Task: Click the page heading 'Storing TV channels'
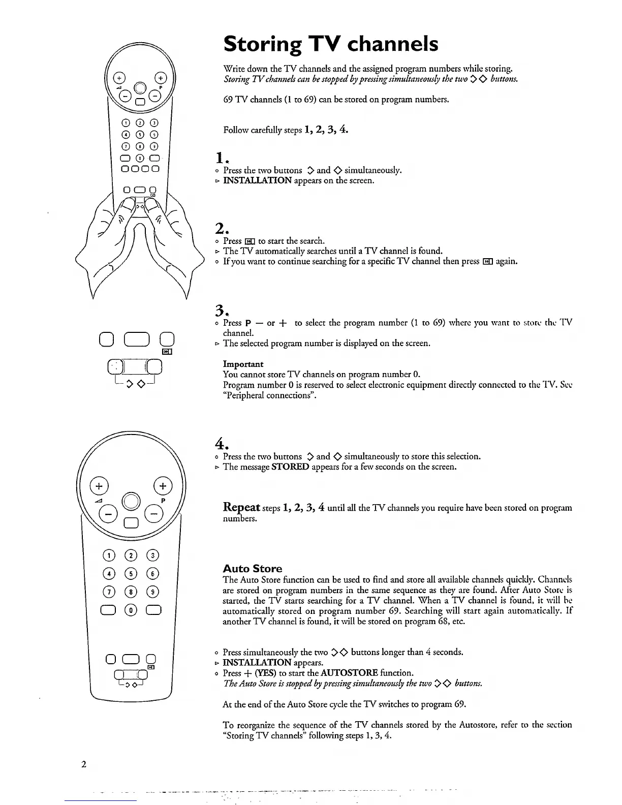(330, 44)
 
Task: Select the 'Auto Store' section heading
(252, 568)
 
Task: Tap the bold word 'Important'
(243, 364)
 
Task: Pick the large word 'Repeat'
(242, 507)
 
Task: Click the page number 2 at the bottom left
(83, 764)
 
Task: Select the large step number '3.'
(220, 309)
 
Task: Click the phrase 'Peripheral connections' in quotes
(268, 395)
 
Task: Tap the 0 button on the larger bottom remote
(131, 610)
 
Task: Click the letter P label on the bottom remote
(163, 500)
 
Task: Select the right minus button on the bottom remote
(153, 515)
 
